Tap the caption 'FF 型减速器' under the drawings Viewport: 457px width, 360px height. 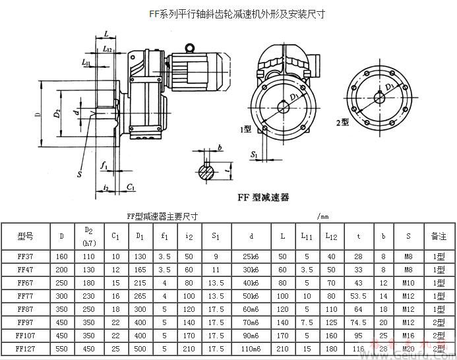pos(263,197)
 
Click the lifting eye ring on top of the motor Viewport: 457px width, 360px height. pos(191,47)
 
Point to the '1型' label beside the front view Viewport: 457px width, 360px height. pos(247,129)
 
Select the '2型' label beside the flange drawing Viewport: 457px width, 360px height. pos(342,123)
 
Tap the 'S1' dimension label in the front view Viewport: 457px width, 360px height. pos(255,154)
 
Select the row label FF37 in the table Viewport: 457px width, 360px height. pos(25,255)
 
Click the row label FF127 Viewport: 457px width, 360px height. pos(25,347)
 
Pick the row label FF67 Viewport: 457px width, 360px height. pos(25,282)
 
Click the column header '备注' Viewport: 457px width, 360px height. pos(439,235)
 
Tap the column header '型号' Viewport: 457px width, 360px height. pos(25,235)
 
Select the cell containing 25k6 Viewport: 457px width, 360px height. pos(251,255)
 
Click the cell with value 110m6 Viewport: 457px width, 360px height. pos(251,347)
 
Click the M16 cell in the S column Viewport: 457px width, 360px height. pos(409,334)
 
